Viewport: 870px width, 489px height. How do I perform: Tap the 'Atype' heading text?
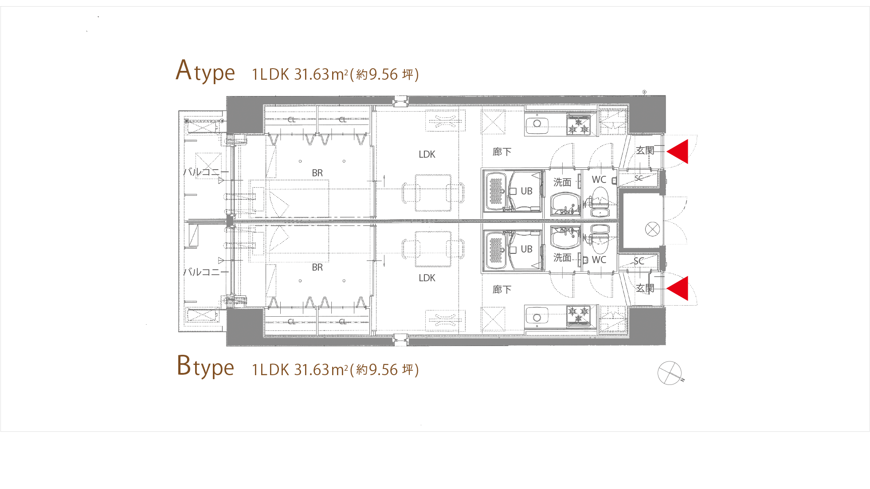tap(205, 71)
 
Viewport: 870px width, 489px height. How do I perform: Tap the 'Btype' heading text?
tap(205, 366)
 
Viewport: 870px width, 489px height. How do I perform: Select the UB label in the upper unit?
tap(526, 191)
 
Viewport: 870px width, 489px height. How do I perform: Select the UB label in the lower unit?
tap(526, 249)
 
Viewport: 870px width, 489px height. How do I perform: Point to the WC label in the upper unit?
tap(599, 179)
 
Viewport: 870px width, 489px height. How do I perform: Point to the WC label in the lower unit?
tap(599, 260)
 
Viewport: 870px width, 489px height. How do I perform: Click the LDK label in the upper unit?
tap(427, 154)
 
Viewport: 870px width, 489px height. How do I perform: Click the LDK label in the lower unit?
tap(427, 278)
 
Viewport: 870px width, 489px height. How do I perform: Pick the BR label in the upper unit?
tap(317, 173)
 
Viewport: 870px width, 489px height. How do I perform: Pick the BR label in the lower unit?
tap(317, 267)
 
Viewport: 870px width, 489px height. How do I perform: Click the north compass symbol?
tap(670, 373)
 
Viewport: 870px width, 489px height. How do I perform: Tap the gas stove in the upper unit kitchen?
tap(578, 124)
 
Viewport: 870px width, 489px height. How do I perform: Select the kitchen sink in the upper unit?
tap(537, 123)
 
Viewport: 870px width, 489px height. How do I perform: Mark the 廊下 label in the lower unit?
tap(502, 289)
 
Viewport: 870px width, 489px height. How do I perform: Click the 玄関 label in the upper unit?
tap(645, 150)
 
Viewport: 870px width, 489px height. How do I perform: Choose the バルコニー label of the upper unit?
tap(206, 171)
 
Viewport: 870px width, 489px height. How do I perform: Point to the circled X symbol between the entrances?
tap(652, 229)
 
